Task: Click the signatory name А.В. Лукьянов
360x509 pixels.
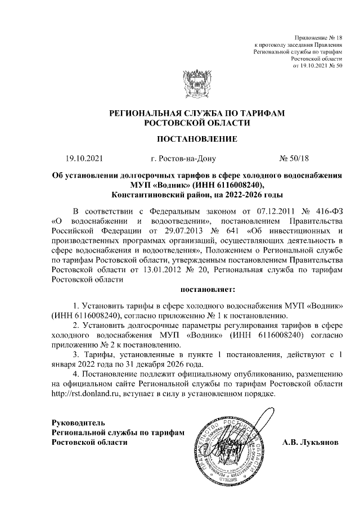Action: click(310, 442)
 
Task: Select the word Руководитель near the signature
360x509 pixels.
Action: click(78, 422)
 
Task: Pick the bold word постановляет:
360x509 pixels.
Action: click(208, 290)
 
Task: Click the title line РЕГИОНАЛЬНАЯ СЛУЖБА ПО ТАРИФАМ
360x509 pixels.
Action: click(196, 113)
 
